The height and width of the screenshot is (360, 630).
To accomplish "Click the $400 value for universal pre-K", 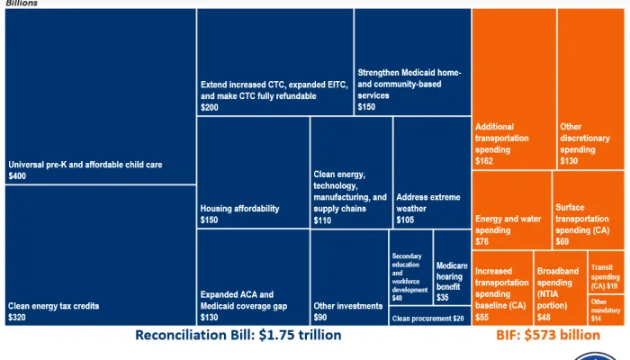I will (x=17, y=177).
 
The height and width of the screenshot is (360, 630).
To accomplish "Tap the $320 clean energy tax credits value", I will (x=17, y=318).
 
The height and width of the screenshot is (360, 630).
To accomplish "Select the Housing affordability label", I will (x=239, y=208).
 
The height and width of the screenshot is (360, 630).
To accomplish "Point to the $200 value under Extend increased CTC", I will (x=209, y=106).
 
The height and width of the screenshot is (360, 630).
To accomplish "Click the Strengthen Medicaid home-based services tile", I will (x=412, y=62).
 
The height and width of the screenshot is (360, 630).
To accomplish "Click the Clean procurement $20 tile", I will (x=429, y=318).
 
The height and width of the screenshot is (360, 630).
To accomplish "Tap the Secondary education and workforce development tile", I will (x=410, y=270).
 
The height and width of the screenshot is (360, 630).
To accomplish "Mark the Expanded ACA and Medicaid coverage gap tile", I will (x=252, y=277).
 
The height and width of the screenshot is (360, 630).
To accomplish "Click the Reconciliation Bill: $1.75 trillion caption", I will (x=238, y=336).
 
